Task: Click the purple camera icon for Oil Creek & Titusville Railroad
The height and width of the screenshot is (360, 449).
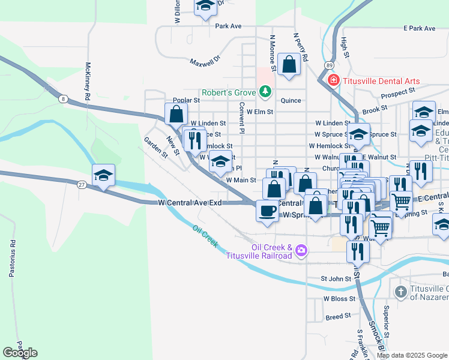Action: point(301,250)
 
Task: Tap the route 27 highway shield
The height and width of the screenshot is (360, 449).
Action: point(81,185)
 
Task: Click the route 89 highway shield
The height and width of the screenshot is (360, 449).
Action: point(330,65)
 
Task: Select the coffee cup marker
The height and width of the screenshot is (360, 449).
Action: point(267,211)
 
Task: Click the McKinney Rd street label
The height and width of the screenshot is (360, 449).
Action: point(88,80)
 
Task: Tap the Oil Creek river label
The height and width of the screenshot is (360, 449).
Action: point(205,237)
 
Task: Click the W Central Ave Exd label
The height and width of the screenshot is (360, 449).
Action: point(190,203)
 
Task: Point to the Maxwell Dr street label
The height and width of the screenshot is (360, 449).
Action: point(205,61)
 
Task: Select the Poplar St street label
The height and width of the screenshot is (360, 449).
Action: point(185,100)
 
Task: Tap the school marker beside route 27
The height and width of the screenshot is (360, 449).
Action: point(103,175)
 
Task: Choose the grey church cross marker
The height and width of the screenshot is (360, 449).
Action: point(401,292)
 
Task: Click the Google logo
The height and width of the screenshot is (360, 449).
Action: point(20,352)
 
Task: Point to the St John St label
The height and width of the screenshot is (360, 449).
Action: point(336,278)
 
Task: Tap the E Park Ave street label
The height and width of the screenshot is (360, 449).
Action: point(419,28)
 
